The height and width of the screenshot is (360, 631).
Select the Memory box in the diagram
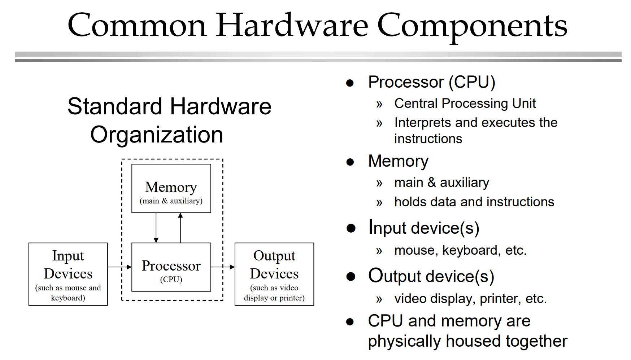coord(171,188)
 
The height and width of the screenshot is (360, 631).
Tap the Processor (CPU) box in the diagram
coord(171,267)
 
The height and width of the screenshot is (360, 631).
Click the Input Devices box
coord(68,274)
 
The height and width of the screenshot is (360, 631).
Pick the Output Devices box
coord(274,274)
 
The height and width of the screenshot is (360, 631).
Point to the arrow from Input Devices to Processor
coord(119,267)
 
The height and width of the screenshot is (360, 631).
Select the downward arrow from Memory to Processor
coord(156,228)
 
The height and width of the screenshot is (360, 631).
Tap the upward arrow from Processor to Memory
coord(180,228)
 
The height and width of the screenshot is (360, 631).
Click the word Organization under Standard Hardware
coord(157,135)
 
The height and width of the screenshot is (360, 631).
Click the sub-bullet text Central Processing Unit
coord(465,104)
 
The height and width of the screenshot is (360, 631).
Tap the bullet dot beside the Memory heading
coord(349,162)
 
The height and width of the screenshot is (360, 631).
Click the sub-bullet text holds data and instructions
coord(474,202)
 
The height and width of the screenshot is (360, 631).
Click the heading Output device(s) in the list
coord(431,277)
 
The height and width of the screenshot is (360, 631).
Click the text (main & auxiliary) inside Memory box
coord(171,201)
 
